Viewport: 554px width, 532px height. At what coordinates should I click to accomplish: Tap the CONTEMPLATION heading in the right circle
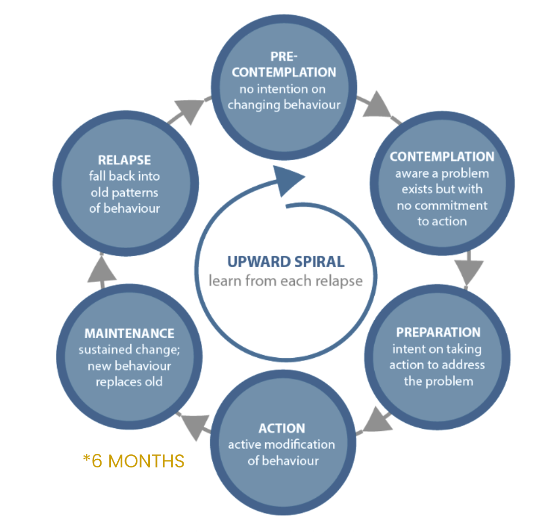click(442, 157)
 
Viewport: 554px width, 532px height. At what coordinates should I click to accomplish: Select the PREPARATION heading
click(438, 332)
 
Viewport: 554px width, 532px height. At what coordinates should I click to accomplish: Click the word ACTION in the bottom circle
click(281, 428)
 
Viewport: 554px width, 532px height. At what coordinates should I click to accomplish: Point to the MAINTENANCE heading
click(129, 333)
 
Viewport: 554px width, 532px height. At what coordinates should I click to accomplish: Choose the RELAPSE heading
click(124, 160)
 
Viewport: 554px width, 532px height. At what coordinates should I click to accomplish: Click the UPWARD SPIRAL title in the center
click(286, 262)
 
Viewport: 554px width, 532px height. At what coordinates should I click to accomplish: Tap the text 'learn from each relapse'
click(286, 281)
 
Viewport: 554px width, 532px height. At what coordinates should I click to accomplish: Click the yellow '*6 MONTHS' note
click(134, 461)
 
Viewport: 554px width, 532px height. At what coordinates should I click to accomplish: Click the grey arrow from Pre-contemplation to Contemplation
click(376, 107)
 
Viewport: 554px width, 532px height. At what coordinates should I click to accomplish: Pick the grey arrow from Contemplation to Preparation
click(469, 269)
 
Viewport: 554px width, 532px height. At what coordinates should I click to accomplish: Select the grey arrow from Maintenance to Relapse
click(102, 269)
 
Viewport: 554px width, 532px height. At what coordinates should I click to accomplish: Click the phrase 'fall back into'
click(124, 176)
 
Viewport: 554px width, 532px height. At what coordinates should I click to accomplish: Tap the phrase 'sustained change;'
click(129, 350)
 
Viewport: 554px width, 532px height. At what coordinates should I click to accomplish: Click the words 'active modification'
click(281, 445)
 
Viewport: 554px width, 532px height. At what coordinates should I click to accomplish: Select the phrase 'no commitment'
click(442, 205)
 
